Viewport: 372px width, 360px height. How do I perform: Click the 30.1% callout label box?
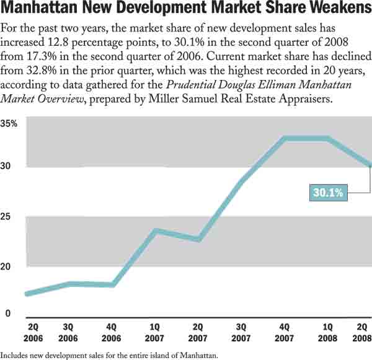(x=328, y=193)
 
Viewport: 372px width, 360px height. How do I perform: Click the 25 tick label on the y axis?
(x=7, y=217)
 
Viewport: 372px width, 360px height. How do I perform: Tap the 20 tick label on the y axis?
(x=7, y=266)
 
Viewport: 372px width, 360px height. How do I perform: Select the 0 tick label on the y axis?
(x=7, y=314)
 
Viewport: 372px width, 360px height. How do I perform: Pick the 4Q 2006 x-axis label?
(x=112, y=332)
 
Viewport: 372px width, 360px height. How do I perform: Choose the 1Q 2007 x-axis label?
(x=154, y=332)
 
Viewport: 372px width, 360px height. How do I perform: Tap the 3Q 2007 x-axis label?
(x=241, y=332)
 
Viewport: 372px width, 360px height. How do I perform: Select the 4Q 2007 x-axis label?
(x=285, y=332)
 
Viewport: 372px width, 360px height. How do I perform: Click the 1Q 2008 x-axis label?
(x=327, y=332)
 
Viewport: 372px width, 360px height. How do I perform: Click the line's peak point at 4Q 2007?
(x=285, y=138)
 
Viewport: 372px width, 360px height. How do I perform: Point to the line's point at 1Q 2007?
(x=155, y=230)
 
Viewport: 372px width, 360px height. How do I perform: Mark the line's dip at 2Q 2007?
(x=198, y=239)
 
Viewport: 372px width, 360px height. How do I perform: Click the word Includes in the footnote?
(x=14, y=355)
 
